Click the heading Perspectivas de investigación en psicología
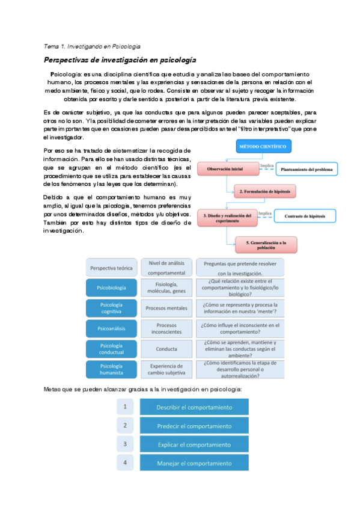point(121,60)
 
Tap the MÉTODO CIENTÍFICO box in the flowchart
point(261,146)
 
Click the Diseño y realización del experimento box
point(224,217)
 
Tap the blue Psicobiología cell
point(111,288)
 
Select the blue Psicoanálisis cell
point(111,328)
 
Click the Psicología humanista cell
point(111,369)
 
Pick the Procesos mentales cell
point(166,308)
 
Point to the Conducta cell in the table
point(166,349)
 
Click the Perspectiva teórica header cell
point(111,268)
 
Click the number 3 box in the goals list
point(124,444)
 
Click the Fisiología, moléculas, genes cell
point(166,288)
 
